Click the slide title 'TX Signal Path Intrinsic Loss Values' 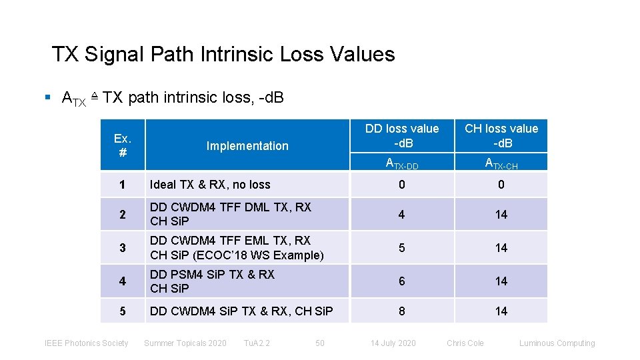tap(223, 54)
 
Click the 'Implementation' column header tap(247, 145)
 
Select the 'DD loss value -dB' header tap(402, 135)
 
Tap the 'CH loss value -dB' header tap(501, 135)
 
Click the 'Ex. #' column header tap(123, 145)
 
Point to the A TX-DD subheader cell tap(402, 163)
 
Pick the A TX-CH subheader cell tap(501, 163)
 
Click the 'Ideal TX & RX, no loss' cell tap(210, 185)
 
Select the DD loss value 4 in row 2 tap(401, 214)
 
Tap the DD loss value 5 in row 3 tap(401, 247)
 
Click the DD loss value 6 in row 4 tap(401, 281)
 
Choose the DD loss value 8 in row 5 tap(401, 311)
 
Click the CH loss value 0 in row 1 tap(501, 185)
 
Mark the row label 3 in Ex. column tap(123, 248)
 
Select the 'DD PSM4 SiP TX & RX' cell tap(212, 274)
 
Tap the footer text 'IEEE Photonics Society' tap(86, 343)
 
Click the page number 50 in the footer tap(320, 343)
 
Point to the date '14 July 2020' tap(393, 343)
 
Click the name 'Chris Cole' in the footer tap(465, 343)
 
